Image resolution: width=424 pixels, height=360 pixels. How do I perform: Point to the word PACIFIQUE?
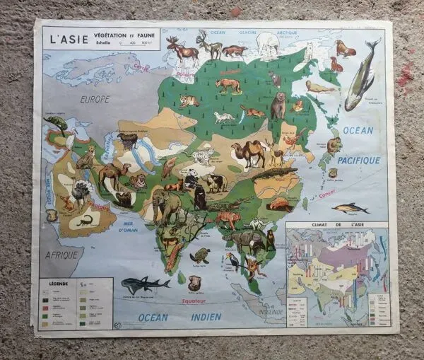coord(358,161)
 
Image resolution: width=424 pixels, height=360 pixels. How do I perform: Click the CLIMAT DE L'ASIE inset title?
coord(336,226)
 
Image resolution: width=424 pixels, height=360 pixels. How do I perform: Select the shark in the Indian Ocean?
coord(144,285)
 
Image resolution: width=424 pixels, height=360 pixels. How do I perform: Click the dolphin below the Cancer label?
coord(351,207)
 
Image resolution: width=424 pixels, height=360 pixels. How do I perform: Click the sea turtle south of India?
coord(199,255)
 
